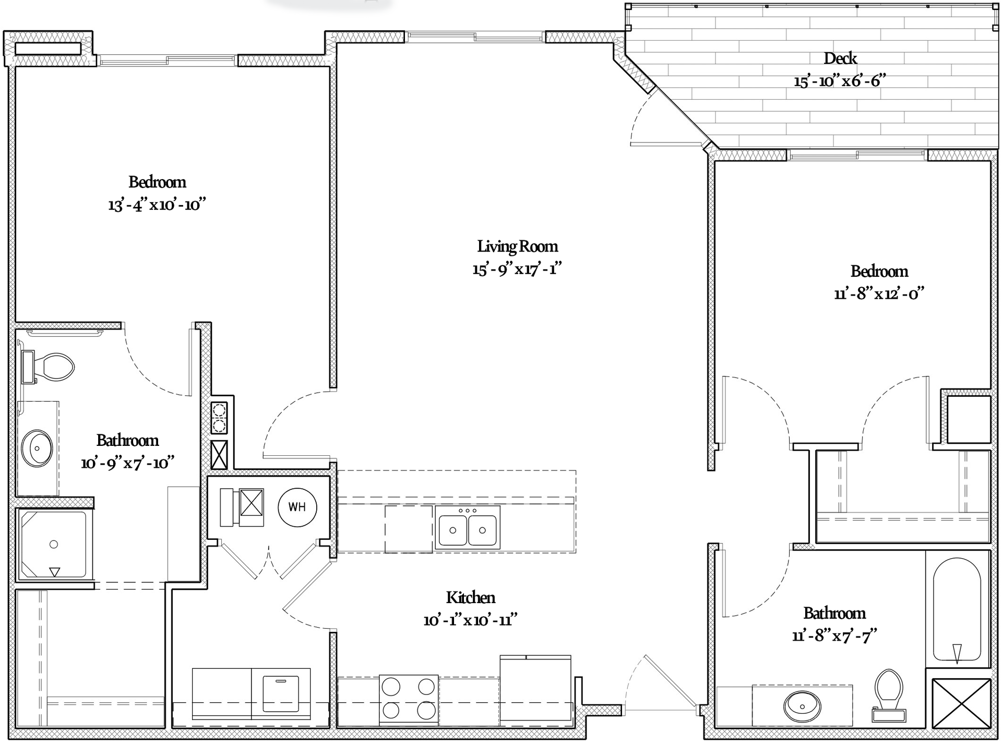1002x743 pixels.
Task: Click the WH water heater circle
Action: coord(297,506)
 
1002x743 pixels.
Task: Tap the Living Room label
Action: coord(517,246)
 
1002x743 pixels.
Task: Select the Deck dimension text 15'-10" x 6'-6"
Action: coord(840,81)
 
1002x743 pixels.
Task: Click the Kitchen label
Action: coord(471,597)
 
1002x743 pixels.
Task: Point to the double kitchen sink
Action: coord(468,528)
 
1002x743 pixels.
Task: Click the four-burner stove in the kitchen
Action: coord(409,699)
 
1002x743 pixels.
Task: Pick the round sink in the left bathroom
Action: coord(37,448)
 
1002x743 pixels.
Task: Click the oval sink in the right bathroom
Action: coord(802,706)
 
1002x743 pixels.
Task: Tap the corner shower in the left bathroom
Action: coord(54,544)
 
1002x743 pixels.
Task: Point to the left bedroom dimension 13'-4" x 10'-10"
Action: coord(157,205)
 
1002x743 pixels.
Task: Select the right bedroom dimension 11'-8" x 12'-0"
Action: coord(879,293)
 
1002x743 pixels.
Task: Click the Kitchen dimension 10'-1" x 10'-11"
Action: coord(470,620)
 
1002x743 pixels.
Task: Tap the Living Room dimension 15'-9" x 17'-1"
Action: coord(517,269)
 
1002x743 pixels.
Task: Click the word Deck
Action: coord(840,58)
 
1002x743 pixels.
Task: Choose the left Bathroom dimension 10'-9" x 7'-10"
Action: coord(127,463)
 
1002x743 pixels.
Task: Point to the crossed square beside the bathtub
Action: coord(961,703)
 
